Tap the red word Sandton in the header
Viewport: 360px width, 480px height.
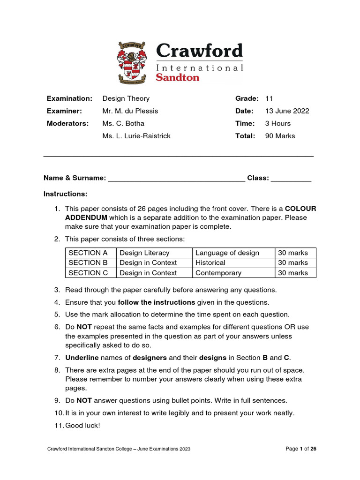[x=177, y=77]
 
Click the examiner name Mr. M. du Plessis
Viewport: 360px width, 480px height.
[x=130, y=111]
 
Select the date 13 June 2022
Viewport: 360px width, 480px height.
[x=287, y=111]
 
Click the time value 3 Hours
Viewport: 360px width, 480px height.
[x=278, y=123]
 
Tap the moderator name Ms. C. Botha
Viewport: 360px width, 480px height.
[x=123, y=123]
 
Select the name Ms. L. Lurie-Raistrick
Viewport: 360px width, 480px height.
[x=136, y=136]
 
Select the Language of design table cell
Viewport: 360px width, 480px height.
[x=227, y=253]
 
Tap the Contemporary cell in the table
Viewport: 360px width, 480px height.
[x=218, y=273]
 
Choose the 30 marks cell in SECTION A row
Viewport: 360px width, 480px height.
[x=293, y=253]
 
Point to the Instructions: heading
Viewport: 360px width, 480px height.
[x=66, y=194]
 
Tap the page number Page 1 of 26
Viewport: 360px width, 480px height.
[x=301, y=449]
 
